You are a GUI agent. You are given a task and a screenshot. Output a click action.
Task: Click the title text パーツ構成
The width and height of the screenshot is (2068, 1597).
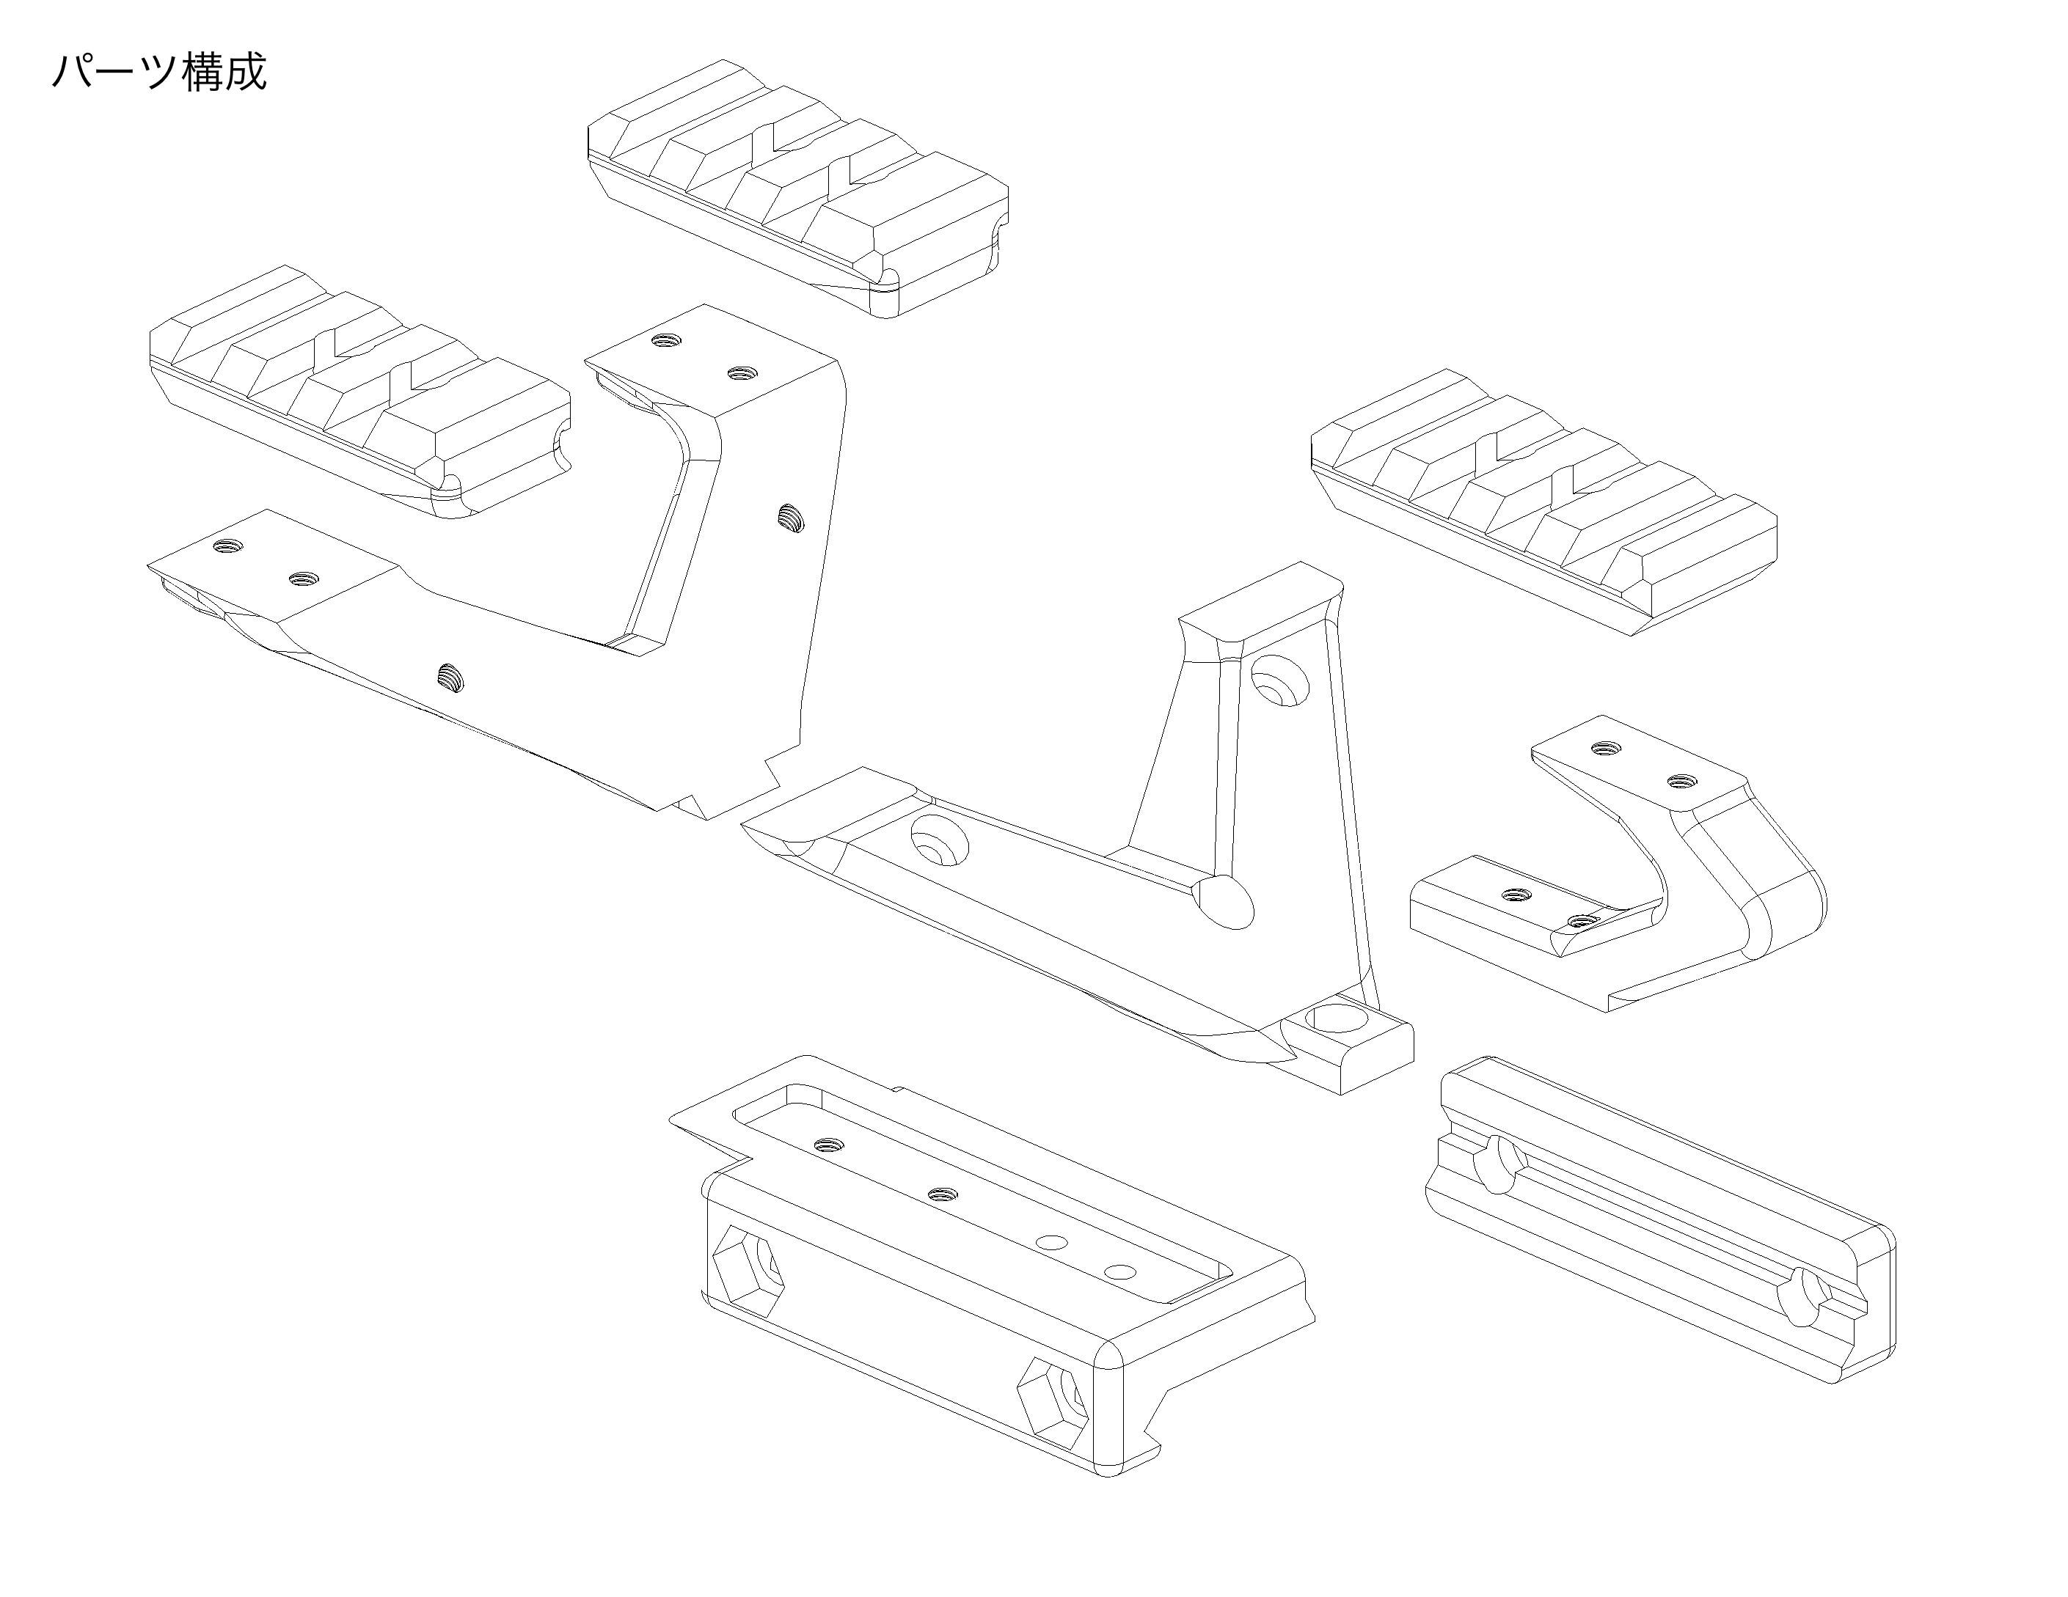pos(159,72)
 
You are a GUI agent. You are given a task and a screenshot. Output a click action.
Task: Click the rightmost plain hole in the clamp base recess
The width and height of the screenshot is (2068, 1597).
pos(1120,1271)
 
